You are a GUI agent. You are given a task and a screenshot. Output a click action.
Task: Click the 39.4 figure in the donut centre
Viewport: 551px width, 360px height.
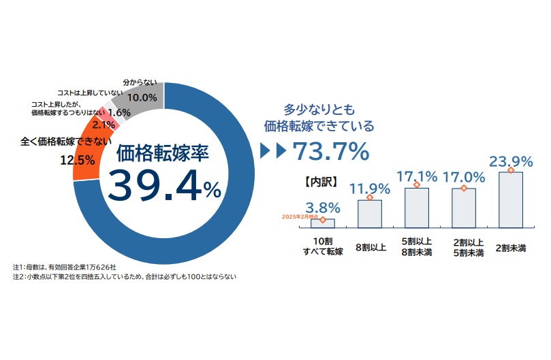pyautogui.click(x=153, y=185)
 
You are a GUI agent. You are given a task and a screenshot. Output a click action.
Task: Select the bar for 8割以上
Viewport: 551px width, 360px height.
pyautogui.click(x=370, y=214)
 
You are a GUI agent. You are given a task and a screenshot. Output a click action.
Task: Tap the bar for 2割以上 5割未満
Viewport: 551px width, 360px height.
pyautogui.click(x=464, y=208)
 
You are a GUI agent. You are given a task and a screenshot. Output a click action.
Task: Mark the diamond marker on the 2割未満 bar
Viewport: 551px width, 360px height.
pyautogui.click(x=511, y=170)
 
